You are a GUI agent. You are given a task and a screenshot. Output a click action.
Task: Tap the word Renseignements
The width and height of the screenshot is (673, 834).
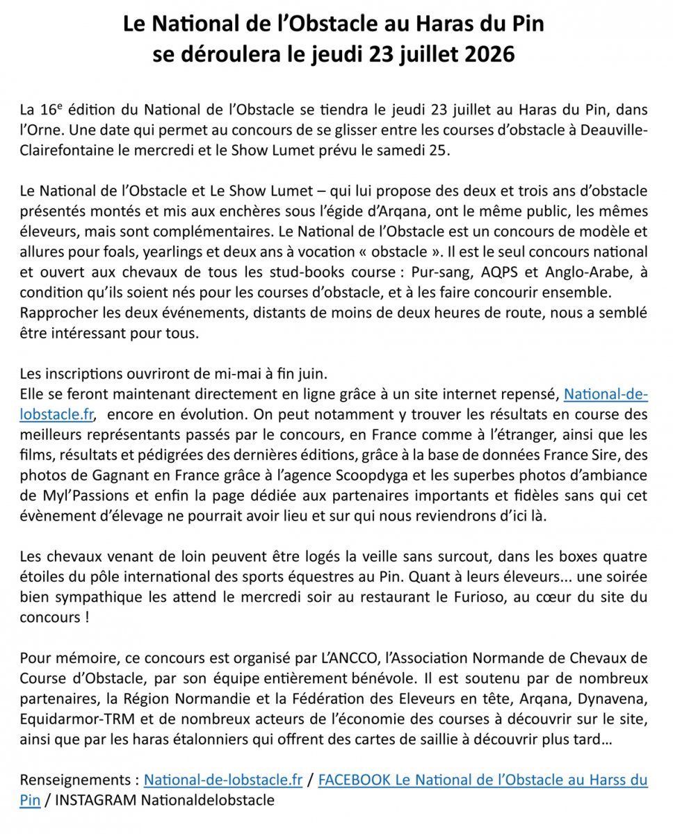coord(72,780)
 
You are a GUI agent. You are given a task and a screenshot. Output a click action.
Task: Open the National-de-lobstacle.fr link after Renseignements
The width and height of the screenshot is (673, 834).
coord(223,780)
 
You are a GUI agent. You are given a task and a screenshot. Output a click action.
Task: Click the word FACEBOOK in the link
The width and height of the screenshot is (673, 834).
coord(354,780)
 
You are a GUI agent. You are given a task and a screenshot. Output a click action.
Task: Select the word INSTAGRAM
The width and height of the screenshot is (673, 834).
coord(96,800)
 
